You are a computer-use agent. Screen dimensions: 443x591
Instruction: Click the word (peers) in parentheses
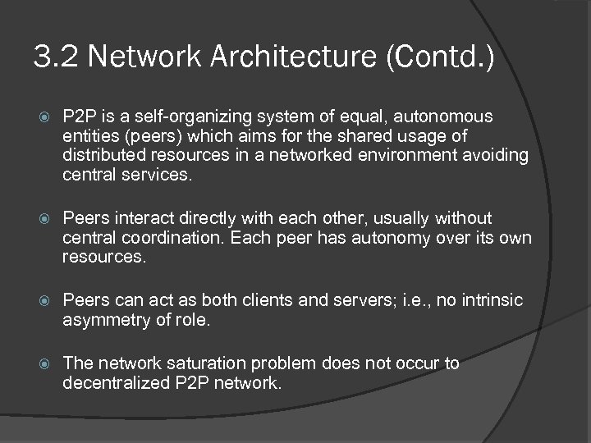(148, 135)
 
